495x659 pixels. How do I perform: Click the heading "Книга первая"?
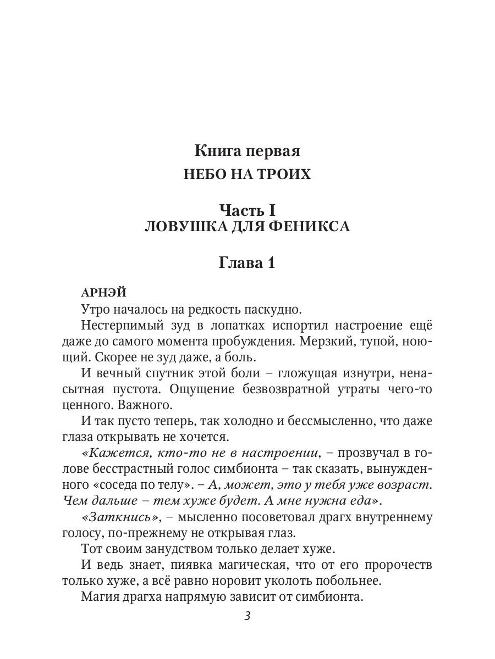point(247,150)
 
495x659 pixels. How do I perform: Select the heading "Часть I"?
point(247,210)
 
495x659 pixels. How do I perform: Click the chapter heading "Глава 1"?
point(247,263)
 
